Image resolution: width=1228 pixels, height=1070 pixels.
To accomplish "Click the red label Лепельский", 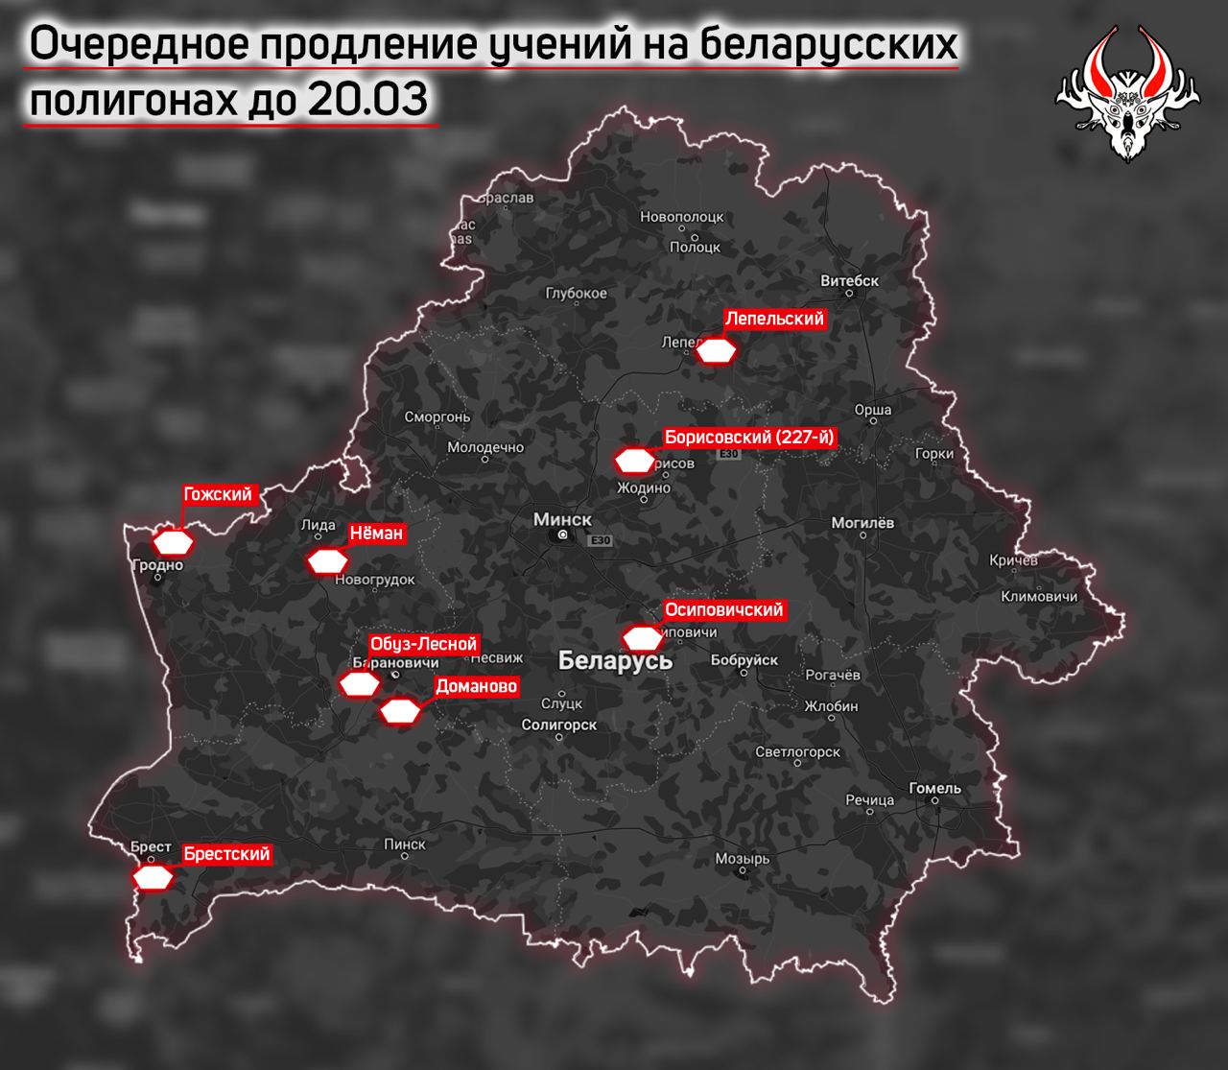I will [x=774, y=319].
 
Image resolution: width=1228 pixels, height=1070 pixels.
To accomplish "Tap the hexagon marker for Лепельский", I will [x=716, y=350].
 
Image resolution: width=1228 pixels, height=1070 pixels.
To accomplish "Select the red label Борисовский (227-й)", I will [x=750, y=438].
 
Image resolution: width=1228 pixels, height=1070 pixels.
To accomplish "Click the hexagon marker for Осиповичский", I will [x=642, y=638].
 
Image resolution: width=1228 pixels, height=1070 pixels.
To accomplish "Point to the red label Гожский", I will [x=218, y=495].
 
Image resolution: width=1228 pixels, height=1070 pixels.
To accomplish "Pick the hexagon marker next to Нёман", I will [x=327, y=561].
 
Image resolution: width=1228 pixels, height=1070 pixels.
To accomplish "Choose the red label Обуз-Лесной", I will [x=423, y=645].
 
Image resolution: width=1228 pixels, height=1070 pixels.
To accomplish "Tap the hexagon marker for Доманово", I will [x=400, y=712].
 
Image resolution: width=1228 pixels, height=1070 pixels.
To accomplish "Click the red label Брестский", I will [x=226, y=854].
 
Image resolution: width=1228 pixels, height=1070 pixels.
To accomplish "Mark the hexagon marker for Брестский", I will [x=153, y=877].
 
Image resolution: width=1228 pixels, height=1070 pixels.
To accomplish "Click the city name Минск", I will [x=562, y=519].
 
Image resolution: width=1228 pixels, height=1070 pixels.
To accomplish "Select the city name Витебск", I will [x=850, y=281].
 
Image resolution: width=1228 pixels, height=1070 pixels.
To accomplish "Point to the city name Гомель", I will [x=934, y=789].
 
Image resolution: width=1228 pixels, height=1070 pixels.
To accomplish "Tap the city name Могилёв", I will [x=862, y=523].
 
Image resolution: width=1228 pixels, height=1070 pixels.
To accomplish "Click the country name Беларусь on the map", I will [x=615, y=661].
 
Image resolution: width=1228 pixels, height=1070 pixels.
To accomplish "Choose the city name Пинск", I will [x=404, y=844].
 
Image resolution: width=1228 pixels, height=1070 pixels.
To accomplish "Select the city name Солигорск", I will [x=558, y=725].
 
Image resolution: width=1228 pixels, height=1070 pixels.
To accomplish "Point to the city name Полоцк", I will [x=695, y=247].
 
